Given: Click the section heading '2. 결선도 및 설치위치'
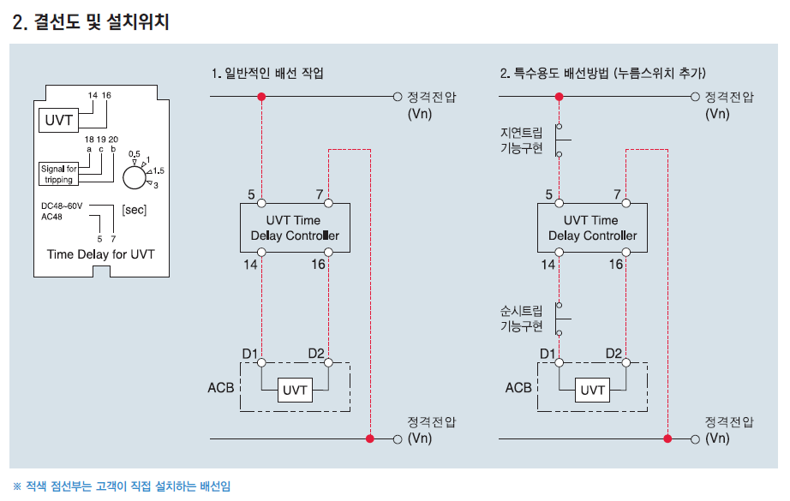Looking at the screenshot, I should (91, 22).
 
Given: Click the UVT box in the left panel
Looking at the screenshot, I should (59, 120).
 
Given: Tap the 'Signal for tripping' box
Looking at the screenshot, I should (58, 174).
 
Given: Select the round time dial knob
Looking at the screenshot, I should (134, 177).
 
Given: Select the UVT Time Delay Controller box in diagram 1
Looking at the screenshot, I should (295, 228).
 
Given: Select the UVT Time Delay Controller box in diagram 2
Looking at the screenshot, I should (592, 228).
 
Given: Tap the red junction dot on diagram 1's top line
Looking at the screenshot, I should (262, 97).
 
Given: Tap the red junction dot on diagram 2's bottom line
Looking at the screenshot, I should (667, 438).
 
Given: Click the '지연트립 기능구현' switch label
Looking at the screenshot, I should (522, 140).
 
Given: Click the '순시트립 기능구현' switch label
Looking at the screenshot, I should (522, 319).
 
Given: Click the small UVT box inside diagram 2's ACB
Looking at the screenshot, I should (592, 391).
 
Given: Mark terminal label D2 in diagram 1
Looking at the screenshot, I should (317, 353).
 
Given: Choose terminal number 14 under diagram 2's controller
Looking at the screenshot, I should (548, 265).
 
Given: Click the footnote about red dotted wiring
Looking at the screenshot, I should (122, 486).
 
